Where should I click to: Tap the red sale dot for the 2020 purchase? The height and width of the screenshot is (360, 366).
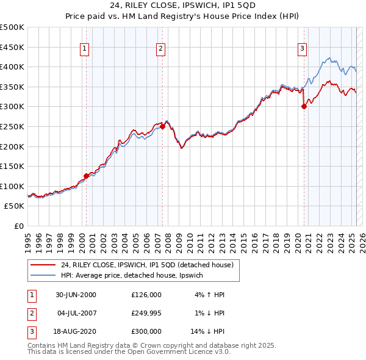(x=304, y=106)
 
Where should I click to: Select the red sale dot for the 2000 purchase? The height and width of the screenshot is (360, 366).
(x=86, y=176)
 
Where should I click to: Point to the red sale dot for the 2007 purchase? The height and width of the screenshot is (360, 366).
(x=163, y=126)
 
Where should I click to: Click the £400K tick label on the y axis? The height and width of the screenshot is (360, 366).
(x=12, y=67)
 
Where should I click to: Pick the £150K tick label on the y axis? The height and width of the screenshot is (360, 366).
(x=12, y=166)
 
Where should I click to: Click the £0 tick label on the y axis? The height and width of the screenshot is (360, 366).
(x=19, y=226)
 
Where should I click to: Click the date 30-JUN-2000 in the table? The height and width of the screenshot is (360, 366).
(x=76, y=295)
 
